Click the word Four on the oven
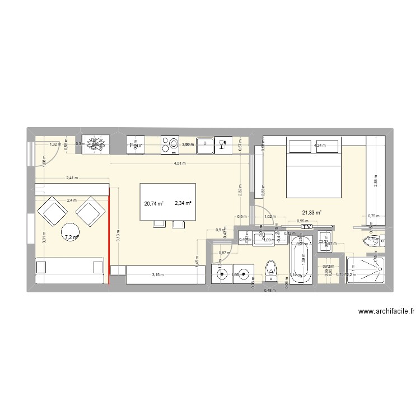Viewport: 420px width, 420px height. coord(136,145)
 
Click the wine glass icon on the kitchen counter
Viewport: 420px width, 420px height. coord(223,144)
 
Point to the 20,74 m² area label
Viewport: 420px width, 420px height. coord(153,204)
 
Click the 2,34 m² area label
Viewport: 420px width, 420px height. coord(183,204)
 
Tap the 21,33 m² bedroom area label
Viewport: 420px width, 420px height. coord(312,213)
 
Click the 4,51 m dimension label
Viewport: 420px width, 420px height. coord(179,164)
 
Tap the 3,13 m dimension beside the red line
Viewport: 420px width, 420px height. coord(118,235)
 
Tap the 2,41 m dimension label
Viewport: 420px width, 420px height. coord(72,178)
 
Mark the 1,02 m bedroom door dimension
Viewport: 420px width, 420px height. coord(269,216)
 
